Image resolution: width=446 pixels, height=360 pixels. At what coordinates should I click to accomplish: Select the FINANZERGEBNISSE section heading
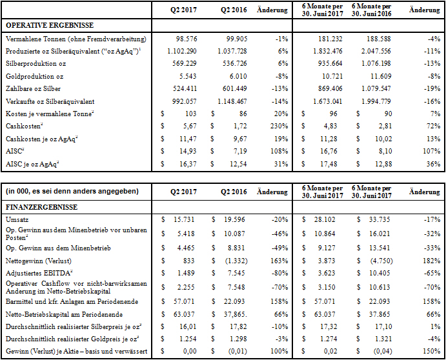41,207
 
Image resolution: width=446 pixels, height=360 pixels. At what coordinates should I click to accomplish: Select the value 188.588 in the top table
375,39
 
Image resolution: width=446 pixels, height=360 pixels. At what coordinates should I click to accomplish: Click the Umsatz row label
16,220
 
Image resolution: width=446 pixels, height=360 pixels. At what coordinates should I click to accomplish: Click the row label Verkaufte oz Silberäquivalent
50,101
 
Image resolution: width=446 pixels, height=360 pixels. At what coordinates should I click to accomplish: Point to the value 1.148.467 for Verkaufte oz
234,101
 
